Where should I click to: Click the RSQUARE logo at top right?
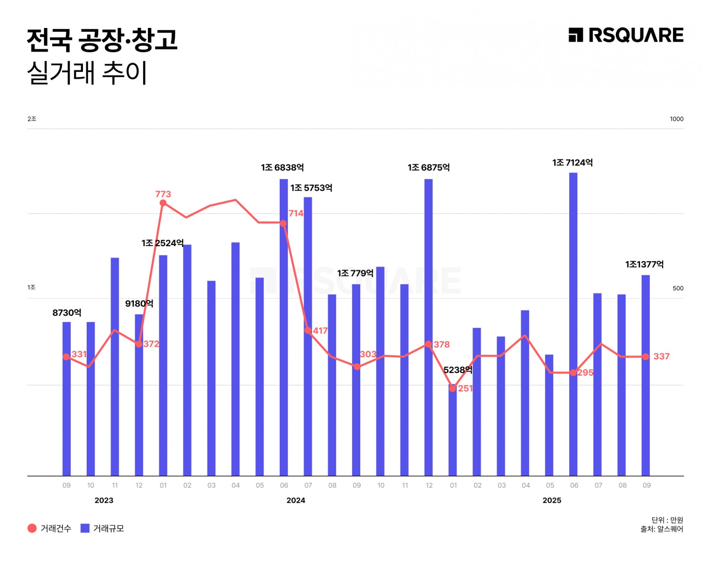click(x=626, y=36)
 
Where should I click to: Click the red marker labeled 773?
click(x=163, y=203)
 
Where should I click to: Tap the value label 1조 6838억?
click(x=283, y=168)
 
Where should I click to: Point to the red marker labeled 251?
click(x=453, y=389)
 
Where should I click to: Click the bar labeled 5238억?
click(x=453, y=431)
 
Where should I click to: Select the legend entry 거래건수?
click(x=49, y=528)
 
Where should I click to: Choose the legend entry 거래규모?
click(x=102, y=528)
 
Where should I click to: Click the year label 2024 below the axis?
click(x=296, y=500)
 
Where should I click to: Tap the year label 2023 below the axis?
click(x=104, y=500)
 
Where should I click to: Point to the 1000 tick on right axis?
click(x=676, y=119)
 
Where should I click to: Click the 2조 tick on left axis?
click(x=32, y=119)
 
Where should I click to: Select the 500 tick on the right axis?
click(x=678, y=288)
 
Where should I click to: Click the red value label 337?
click(x=661, y=356)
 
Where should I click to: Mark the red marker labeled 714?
click(x=283, y=223)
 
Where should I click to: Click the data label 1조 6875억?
click(x=428, y=168)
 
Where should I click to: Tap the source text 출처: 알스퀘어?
click(x=662, y=529)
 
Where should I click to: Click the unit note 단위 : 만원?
click(x=667, y=520)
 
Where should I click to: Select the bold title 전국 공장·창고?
click(x=102, y=40)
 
